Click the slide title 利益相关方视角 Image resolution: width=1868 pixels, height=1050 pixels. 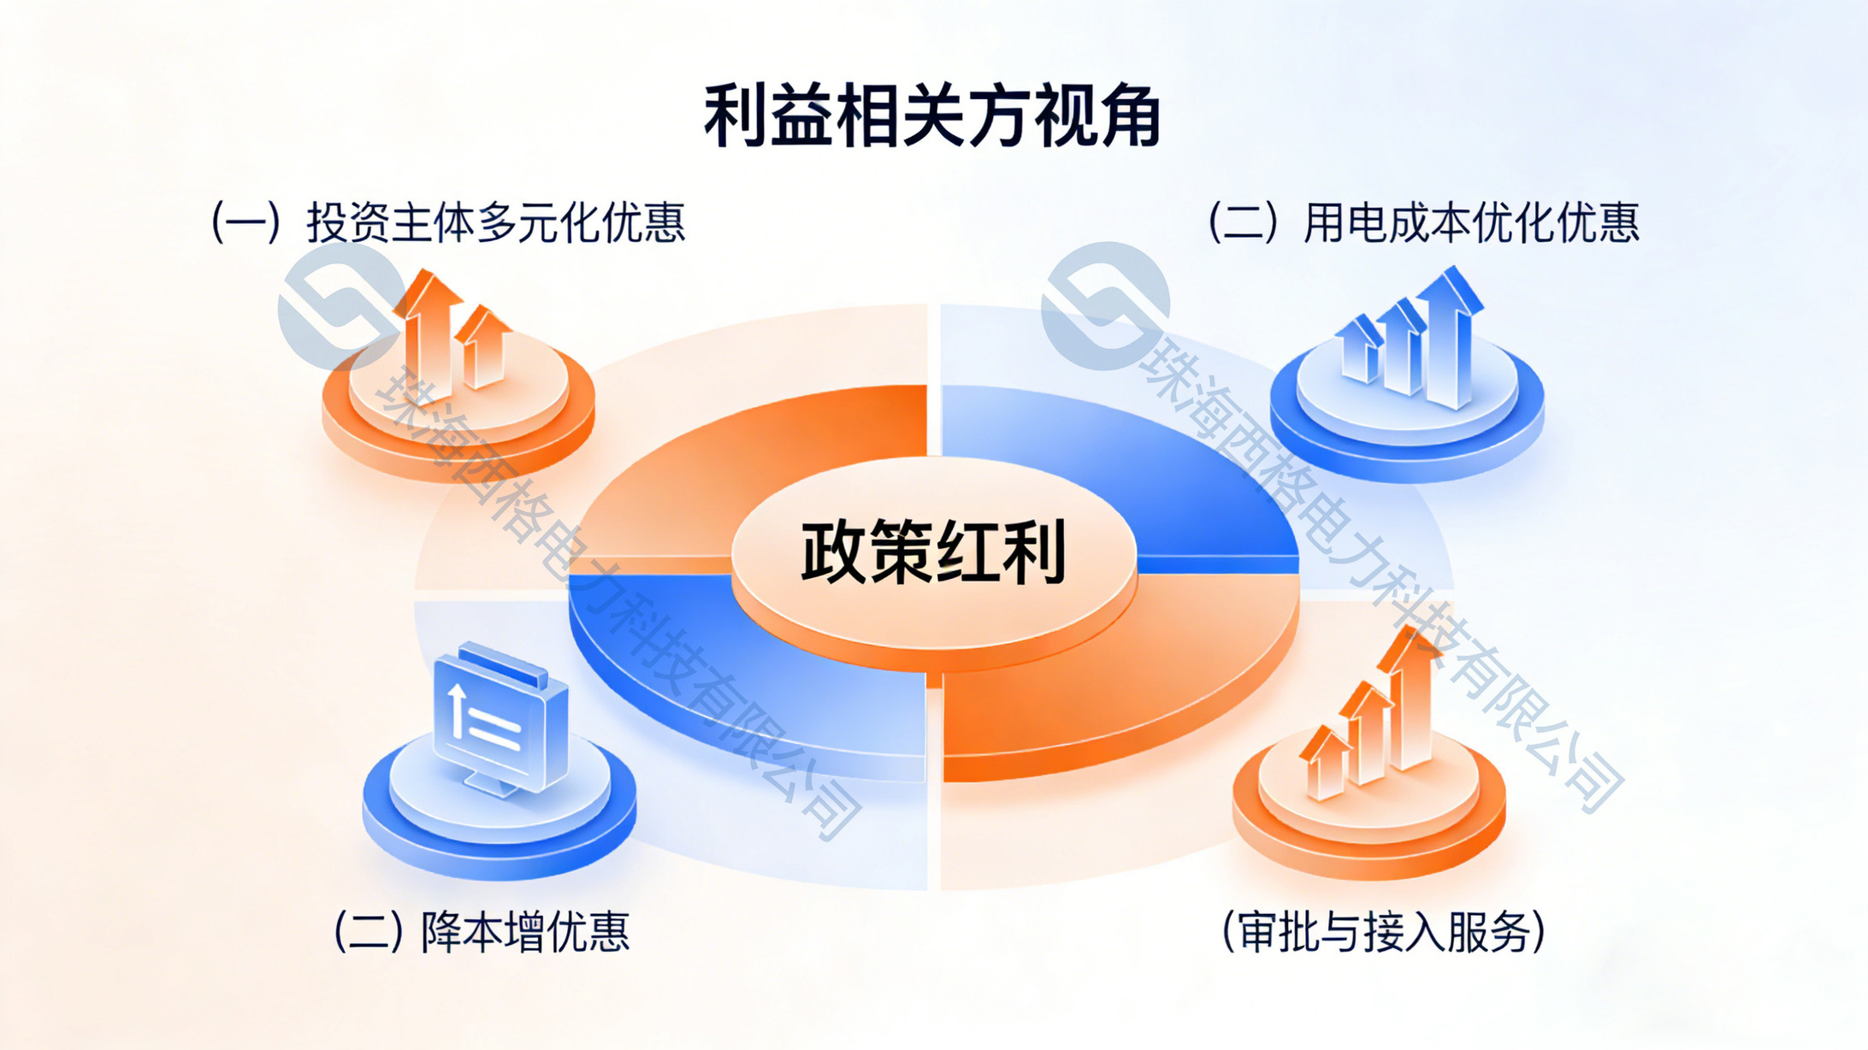pos(932,116)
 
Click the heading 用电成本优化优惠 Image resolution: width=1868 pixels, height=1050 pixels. pos(1471,223)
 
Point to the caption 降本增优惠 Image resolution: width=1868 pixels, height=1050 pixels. pos(525,932)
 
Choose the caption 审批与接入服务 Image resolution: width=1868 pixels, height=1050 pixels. pos(1384,932)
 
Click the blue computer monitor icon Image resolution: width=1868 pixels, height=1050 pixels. pos(500,718)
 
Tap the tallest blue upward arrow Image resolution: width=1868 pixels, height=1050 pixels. pos(1449,337)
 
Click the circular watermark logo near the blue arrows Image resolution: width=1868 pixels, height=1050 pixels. pos(1105,306)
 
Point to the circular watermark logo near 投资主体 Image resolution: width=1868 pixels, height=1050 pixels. pos(342,306)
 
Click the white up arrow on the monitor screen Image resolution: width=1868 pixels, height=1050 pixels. pos(458,710)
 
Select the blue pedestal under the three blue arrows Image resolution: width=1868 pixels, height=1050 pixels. pos(1407,410)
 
